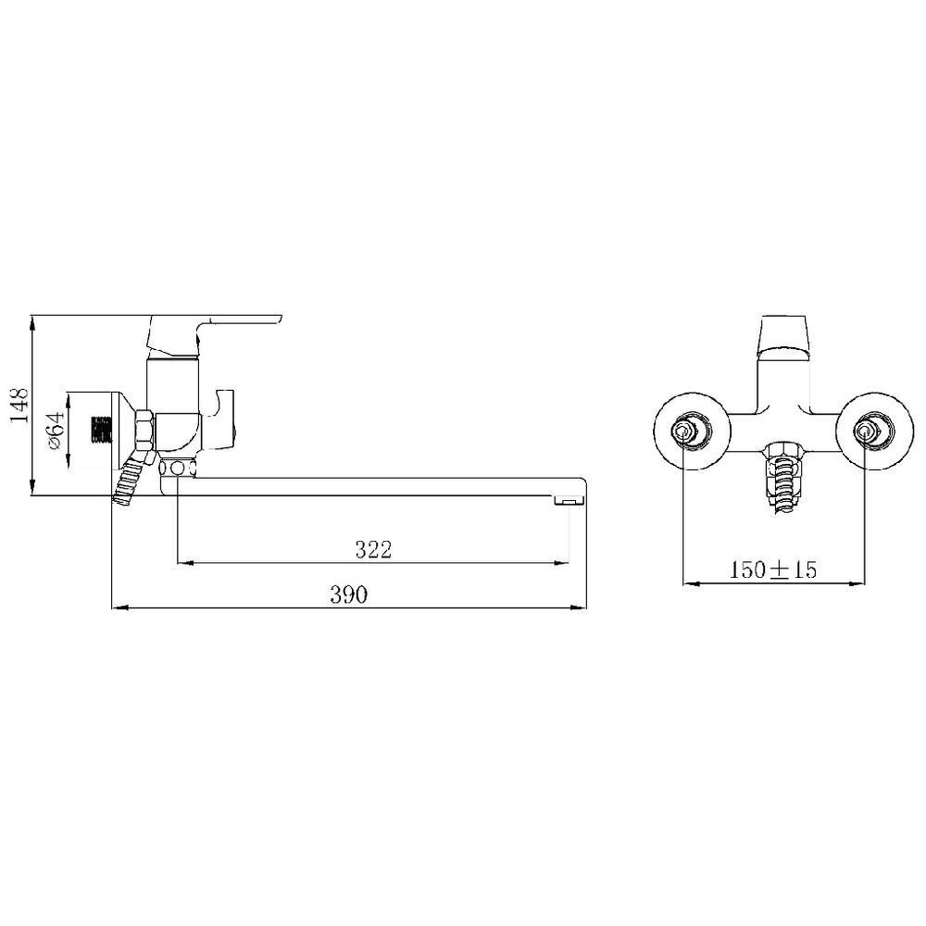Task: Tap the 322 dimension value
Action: pyautogui.click(x=373, y=549)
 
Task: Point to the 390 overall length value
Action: pyautogui.click(x=350, y=595)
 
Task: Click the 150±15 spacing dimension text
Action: pyautogui.click(x=773, y=569)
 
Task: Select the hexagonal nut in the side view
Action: pyautogui.click(x=144, y=430)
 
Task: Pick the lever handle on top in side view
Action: pyautogui.click(x=231, y=325)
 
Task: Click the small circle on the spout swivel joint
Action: pyautogui.click(x=176, y=469)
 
